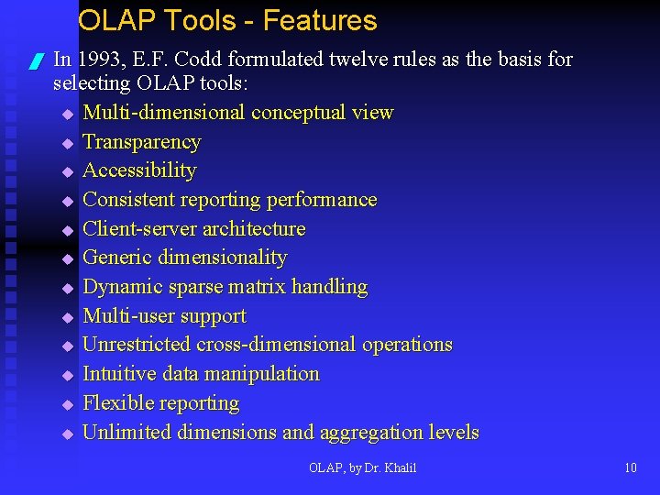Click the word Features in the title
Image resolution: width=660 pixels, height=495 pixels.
coord(318,21)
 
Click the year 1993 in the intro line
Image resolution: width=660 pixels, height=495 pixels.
coord(101,60)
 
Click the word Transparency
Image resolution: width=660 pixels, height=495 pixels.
coord(141,142)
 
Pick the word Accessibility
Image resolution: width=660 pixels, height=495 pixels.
coord(139,170)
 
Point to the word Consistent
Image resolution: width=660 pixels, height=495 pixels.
coord(128,200)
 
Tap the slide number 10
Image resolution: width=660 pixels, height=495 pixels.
coord(630,468)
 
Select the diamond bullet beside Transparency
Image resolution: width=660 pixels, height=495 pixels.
coord(67,143)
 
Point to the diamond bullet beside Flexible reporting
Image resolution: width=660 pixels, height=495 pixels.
coord(67,404)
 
